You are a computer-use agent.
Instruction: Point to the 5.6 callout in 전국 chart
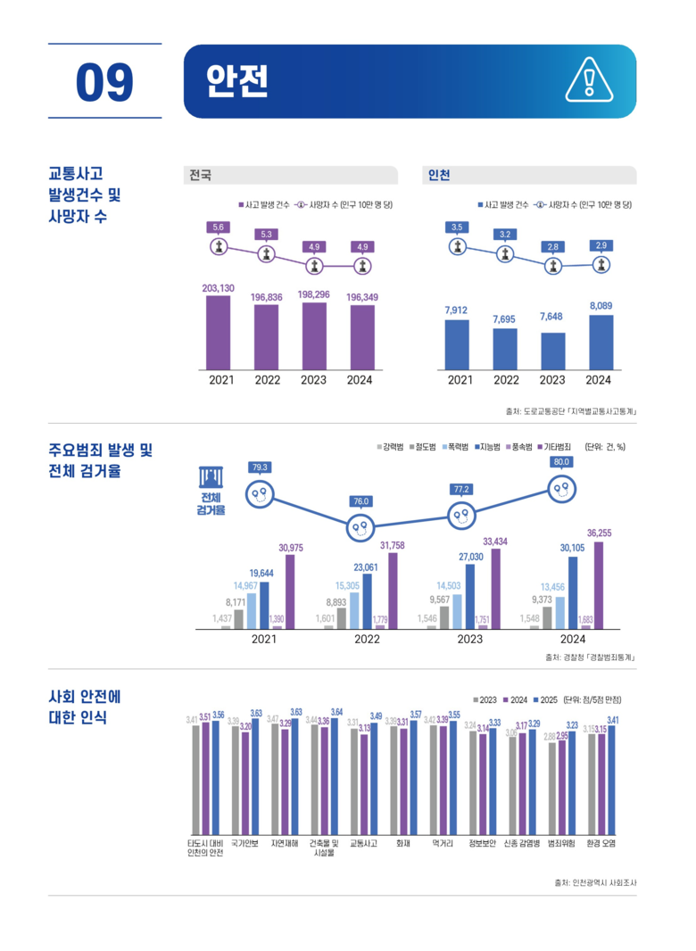pos(219,227)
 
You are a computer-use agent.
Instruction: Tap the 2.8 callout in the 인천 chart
pos(553,245)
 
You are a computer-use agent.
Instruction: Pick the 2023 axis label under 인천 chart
pos(552,380)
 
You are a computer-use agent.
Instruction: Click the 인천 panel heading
pos(439,175)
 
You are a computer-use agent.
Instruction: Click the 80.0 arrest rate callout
pos(561,462)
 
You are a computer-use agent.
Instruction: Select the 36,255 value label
pos(599,533)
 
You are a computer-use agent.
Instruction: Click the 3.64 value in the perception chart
pos(336,711)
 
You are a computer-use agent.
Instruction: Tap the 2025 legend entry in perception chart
pos(545,700)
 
